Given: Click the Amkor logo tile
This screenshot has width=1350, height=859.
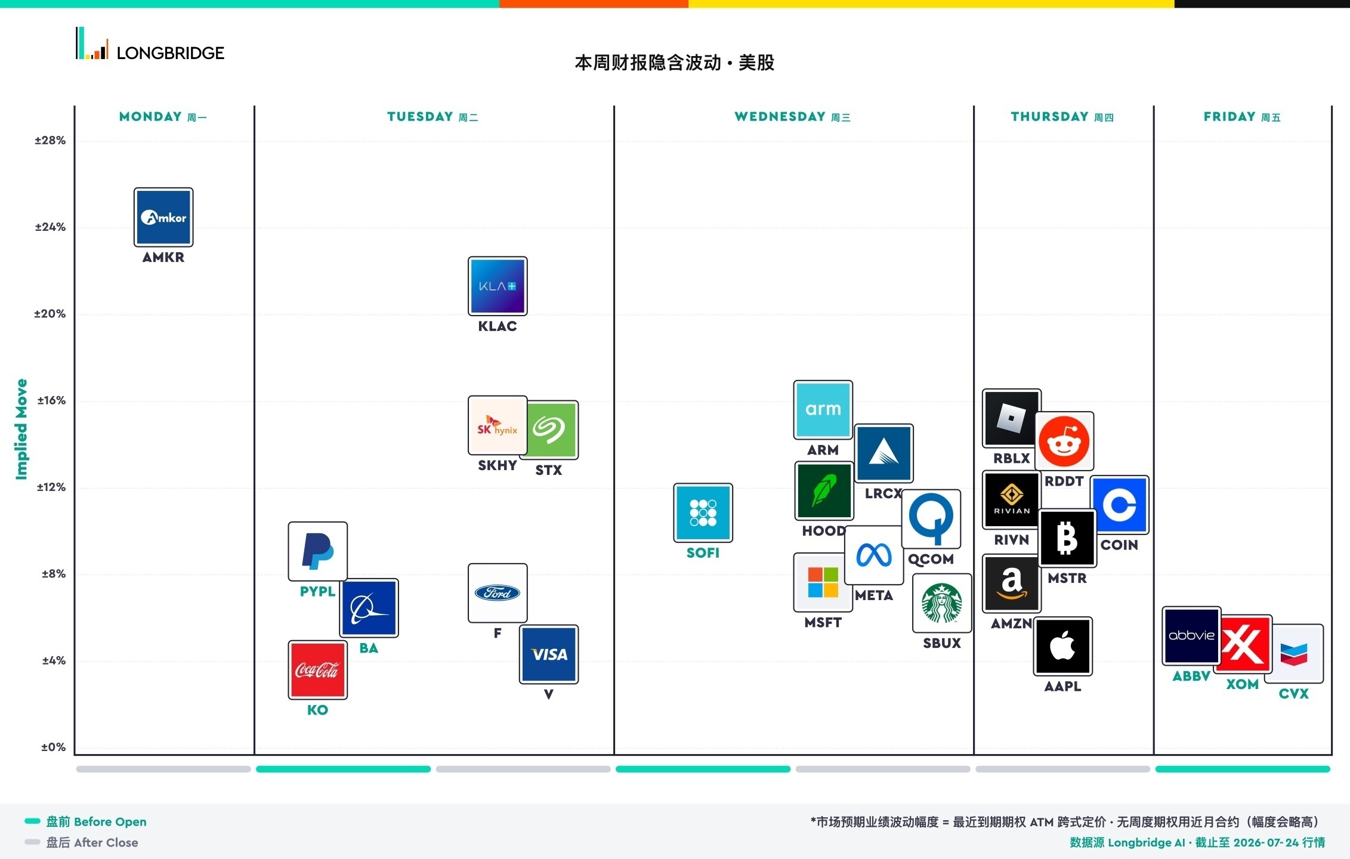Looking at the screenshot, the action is tap(163, 217).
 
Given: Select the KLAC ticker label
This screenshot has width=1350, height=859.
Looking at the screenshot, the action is tap(498, 326).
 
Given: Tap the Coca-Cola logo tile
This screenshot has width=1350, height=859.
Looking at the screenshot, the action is tap(317, 670).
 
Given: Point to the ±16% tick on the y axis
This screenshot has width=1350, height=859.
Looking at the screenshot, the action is tap(51, 400).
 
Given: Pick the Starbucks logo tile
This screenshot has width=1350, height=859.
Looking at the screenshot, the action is tap(942, 603).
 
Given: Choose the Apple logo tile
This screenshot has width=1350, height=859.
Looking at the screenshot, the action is tap(1063, 646).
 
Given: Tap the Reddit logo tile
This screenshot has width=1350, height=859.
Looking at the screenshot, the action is tap(1064, 441).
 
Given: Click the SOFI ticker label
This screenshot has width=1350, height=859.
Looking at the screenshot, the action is tap(703, 553).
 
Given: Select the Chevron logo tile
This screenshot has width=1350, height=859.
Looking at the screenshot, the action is tap(1294, 654).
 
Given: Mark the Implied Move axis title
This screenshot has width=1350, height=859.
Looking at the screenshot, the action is tap(21, 429).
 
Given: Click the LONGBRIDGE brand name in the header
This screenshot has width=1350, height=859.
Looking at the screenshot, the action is tap(171, 53).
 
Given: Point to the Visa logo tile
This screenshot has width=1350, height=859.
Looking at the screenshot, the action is tap(549, 654).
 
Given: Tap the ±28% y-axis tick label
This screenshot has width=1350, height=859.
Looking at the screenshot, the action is tap(50, 141).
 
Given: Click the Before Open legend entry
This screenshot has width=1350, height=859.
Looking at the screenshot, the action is tap(85, 822).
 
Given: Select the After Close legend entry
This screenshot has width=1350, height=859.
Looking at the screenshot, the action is tap(81, 843).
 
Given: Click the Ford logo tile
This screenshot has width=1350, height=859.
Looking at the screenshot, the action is tap(498, 593).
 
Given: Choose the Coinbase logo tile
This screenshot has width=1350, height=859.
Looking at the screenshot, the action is tap(1120, 505).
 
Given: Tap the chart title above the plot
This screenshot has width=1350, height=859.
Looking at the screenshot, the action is tap(675, 63).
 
